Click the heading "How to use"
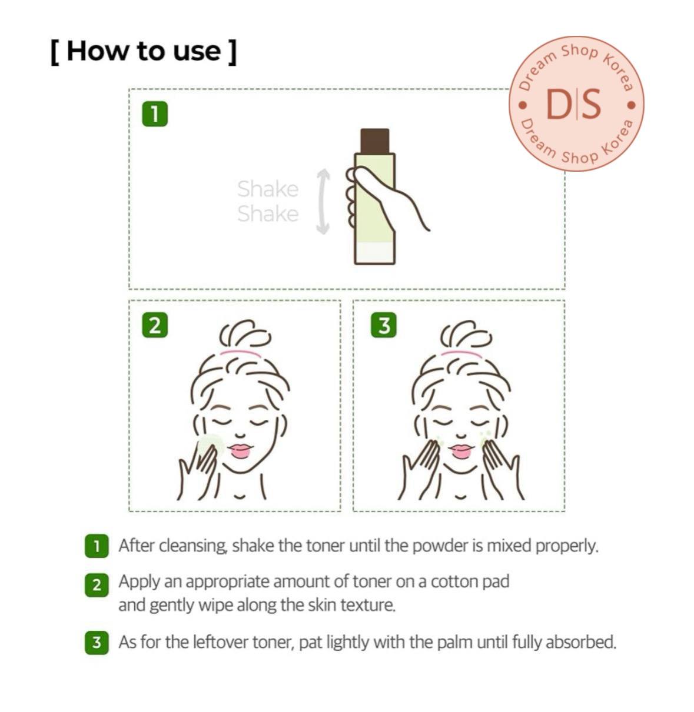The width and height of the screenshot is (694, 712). tap(144, 52)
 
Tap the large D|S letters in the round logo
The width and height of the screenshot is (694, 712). tap(573, 105)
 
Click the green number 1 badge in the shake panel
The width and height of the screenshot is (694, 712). tap(155, 114)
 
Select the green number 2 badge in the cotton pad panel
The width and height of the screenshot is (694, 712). tap(155, 325)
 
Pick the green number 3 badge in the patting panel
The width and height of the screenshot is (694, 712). tap(383, 325)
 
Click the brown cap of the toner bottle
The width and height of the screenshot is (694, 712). tap(374, 141)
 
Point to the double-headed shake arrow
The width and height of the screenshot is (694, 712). tap(323, 201)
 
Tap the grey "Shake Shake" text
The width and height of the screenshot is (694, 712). tap(268, 201)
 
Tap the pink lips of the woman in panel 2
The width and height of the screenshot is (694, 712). tap(240, 450)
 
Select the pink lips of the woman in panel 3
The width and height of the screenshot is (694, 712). tap(461, 450)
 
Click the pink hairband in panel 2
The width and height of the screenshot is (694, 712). tap(241, 353)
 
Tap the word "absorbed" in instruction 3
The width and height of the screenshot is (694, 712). tap(581, 642)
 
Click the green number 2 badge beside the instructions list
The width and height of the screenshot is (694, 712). tap(97, 585)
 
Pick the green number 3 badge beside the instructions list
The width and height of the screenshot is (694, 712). tap(97, 643)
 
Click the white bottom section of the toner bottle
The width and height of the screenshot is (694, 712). tap(374, 252)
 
